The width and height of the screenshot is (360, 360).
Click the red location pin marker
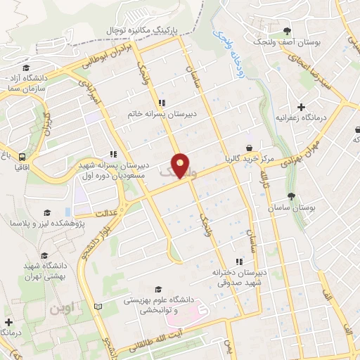(x=181, y=165)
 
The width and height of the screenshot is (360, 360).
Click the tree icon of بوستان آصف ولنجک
(x=287, y=30)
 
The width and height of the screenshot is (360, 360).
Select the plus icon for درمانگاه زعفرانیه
(x=301, y=108)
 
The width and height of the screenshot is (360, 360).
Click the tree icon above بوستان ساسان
(x=291, y=197)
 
